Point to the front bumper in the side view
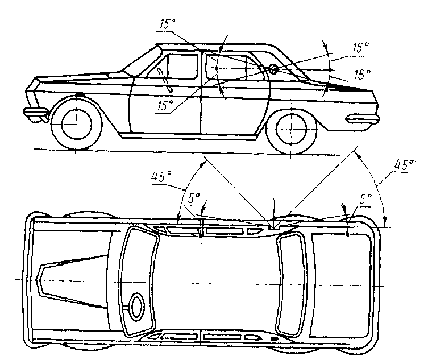(35, 112)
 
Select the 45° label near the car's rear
(405, 165)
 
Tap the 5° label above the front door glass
(194, 198)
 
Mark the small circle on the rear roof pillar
(273, 69)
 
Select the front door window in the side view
(178, 67)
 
